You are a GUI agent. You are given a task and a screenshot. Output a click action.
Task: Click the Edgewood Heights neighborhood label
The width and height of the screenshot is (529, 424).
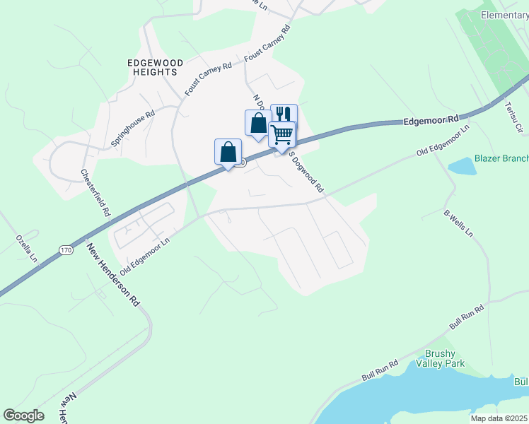[155, 68]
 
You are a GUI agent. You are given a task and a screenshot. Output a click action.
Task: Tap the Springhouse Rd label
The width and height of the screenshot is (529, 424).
[133, 128]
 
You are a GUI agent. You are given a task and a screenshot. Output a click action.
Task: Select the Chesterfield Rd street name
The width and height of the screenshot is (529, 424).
[96, 192]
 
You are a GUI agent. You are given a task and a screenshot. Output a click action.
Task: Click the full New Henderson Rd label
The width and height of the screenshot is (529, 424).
[112, 274]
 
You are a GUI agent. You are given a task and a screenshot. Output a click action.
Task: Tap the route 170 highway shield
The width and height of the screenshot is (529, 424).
[66, 250]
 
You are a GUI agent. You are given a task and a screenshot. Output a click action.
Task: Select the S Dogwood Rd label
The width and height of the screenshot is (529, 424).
[307, 174]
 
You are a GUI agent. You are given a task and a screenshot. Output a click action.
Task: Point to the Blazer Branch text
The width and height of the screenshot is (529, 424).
[501, 158]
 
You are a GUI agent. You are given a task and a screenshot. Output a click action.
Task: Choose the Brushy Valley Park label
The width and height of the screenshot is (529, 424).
[445, 358]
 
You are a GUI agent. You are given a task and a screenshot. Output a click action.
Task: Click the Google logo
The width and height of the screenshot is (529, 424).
[23, 416]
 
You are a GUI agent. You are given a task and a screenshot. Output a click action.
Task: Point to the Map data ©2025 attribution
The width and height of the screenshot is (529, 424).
[499, 418]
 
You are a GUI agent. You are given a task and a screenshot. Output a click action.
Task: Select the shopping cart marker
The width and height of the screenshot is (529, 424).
[282, 134]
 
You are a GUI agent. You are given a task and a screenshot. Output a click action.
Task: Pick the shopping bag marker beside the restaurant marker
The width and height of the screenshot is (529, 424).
[258, 123]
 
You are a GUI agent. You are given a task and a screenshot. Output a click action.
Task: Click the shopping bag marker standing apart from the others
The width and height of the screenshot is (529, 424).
[228, 152]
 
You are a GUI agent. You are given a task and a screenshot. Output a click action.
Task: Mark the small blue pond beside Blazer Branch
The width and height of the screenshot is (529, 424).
[463, 166]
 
